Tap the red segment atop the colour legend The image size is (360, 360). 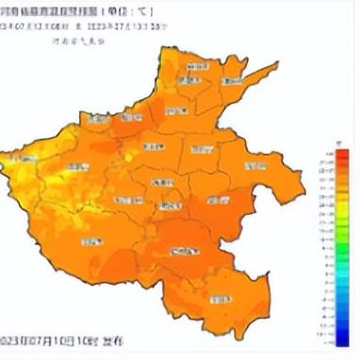(343, 154)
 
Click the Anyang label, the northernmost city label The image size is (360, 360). (198, 68)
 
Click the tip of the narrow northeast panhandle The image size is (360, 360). (277, 66)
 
